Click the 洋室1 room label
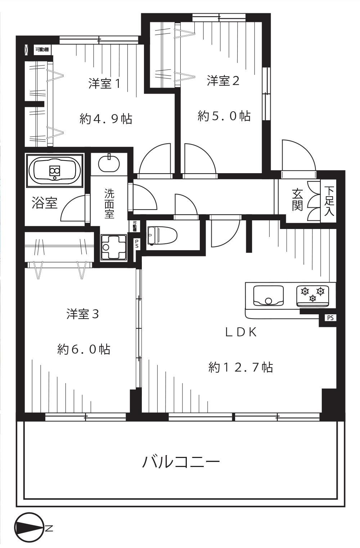pos(104,84)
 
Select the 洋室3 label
pos(83,314)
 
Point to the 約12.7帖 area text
pos(240,367)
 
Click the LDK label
pos(241,332)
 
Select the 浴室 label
pos(45,203)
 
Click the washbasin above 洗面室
pos(109,163)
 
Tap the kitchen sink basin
pos(269,296)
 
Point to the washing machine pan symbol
pos(114,247)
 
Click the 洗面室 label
pos(109,203)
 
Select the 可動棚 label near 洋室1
pos(42,50)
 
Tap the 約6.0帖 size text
pos(84,349)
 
